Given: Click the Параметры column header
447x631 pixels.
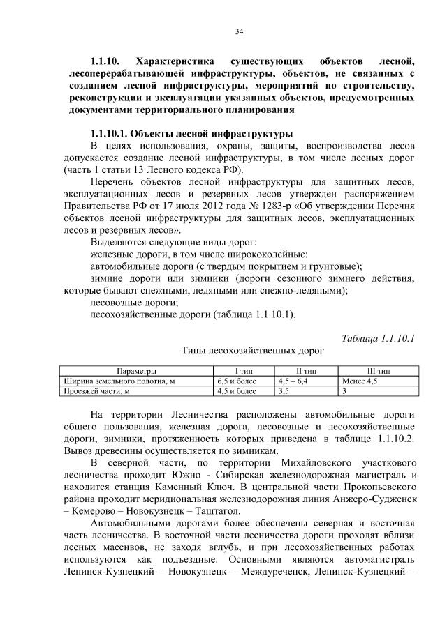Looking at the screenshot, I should click(136, 372).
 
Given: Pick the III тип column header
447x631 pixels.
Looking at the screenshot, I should click(378, 372).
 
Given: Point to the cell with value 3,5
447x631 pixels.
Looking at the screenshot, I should click(284, 391).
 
